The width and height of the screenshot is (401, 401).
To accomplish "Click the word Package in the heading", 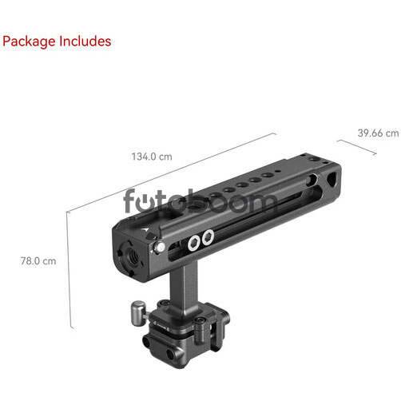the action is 29,42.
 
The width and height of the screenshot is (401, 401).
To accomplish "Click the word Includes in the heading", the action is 85,41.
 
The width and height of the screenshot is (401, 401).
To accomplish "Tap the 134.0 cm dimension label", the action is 152,157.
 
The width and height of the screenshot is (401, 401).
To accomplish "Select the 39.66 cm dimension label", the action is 378,133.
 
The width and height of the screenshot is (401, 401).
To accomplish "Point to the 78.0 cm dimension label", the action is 38,261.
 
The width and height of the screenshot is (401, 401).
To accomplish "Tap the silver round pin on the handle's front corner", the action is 161,247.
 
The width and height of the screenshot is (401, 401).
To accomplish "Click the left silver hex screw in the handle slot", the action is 194,243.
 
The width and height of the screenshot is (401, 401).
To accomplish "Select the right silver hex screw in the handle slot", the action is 208,237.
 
